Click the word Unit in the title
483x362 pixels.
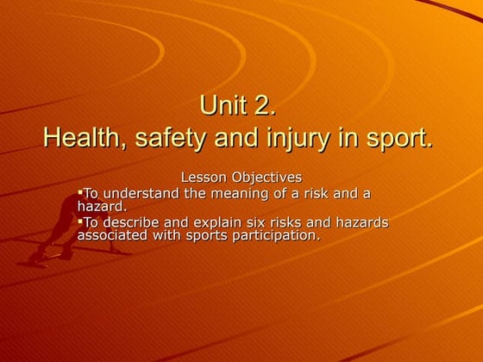(x=220, y=108)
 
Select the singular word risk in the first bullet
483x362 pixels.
(x=329, y=193)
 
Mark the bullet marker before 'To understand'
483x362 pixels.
(x=80, y=191)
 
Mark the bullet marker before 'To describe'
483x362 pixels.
(x=80, y=221)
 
